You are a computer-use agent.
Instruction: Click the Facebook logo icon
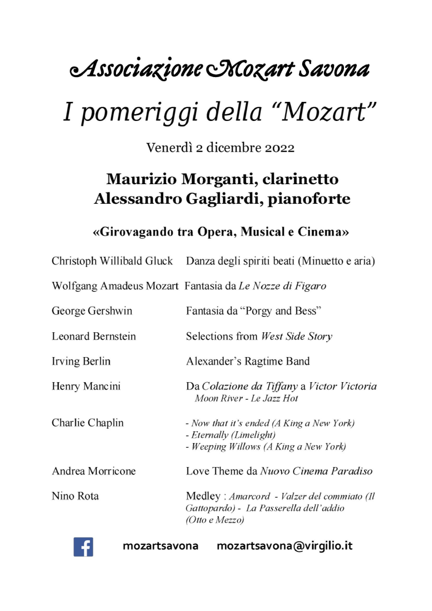[x=83, y=547]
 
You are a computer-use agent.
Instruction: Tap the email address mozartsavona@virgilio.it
[x=285, y=546]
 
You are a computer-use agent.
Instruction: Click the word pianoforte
[x=309, y=199]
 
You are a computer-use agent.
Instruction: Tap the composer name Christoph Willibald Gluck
[x=112, y=261]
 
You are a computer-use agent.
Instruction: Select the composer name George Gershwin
[x=92, y=311]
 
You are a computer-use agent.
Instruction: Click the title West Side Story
[x=297, y=336]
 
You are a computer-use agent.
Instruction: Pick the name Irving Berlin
[x=81, y=361]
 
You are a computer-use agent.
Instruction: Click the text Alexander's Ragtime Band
[x=248, y=361]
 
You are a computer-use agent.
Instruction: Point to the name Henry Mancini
[x=86, y=386]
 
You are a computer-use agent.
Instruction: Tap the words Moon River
[x=219, y=398]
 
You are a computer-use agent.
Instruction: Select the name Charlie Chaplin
[x=87, y=423]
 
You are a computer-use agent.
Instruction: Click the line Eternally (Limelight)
[x=230, y=435]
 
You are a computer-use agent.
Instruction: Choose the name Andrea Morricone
[x=94, y=471]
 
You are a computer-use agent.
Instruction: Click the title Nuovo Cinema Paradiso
[x=316, y=471]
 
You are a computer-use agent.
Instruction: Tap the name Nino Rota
[x=75, y=496]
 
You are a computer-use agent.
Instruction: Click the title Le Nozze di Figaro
[x=282, y=286]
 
